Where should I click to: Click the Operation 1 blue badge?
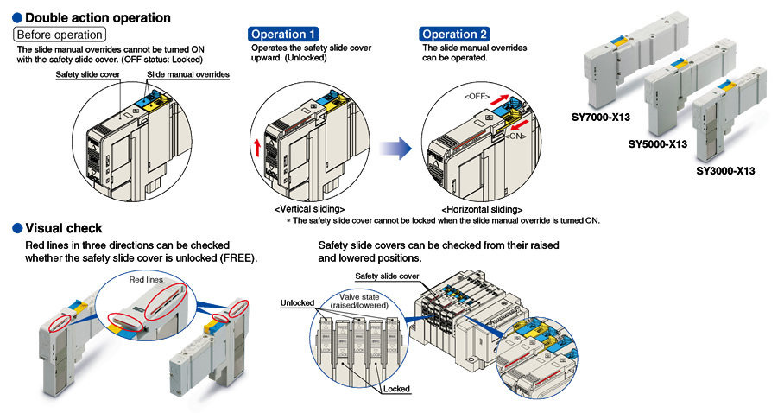(278, 35)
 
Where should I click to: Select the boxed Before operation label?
(60, 35)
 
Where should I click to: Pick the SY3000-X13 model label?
(725, 171)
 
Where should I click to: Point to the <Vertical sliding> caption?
(309, 209)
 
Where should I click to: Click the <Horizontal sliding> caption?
(481, 209)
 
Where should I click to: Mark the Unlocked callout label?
(297, 303)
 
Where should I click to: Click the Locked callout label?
(395, 389)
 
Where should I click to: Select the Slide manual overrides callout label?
(188, 75)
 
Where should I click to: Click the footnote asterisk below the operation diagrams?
(288, 221)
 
